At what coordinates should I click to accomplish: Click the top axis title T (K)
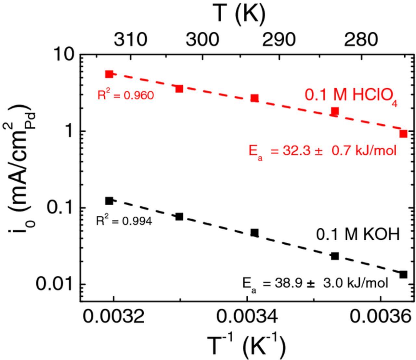(240, 14)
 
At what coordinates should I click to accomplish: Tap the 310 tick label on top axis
(130, 40)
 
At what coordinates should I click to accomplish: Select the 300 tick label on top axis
(202, 40)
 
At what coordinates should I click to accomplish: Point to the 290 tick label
(279, 40)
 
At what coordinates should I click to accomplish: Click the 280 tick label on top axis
(361, 40)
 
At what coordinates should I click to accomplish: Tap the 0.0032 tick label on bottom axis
(113, 316)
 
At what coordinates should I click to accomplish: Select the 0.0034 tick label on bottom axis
(247, 316)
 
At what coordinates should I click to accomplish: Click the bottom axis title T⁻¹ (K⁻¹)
(247, 345)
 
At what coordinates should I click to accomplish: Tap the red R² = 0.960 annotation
(125, 95)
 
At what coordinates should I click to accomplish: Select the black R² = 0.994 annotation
(124, 221)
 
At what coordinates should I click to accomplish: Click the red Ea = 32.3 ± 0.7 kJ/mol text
(322, 151)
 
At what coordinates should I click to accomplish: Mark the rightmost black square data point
(403, 275)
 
